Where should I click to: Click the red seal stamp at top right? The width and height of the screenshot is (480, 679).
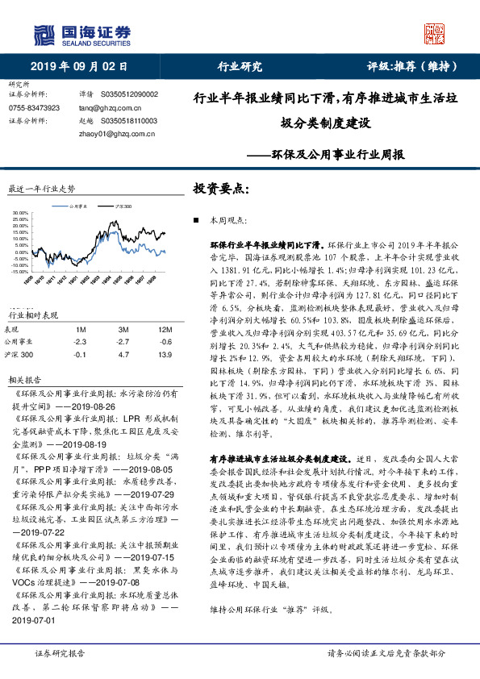click(435, 33)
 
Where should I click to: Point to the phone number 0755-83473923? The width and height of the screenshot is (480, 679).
click(34, 107)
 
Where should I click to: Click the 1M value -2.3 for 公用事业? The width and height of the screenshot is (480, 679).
click(80, 341)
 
